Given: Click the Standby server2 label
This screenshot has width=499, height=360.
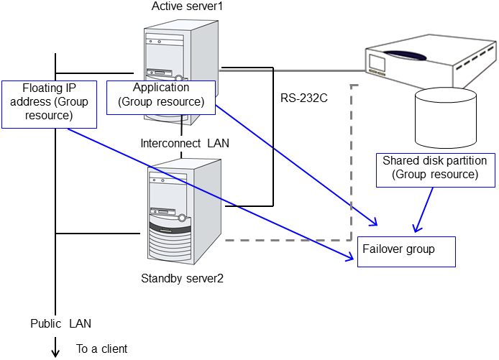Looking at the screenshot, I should (x=183, y=278).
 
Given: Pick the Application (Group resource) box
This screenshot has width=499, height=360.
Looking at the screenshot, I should (x=161, y=96).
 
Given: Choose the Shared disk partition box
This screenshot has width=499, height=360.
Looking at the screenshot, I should (x=434, y=168).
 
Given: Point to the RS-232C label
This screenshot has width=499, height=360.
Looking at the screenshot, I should (x=304, y=98).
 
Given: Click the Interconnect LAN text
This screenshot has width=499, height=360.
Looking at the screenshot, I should (x=185, y=143).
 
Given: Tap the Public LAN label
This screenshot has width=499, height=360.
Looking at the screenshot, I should (x=61, y=323).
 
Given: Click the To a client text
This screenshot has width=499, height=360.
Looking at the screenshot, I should (x=101, y=349).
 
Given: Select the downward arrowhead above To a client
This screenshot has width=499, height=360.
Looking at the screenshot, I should (x=55, y=351).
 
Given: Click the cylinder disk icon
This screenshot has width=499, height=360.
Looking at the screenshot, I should (x=445, y=117).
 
